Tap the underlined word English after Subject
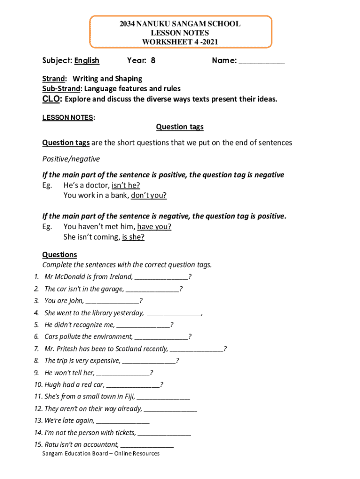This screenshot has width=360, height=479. [87, 60]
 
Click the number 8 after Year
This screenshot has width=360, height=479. [153, 60]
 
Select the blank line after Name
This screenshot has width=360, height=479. [262, 61]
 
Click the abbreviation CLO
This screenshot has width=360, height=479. [51, 99]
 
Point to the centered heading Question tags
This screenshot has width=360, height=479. [180, 127]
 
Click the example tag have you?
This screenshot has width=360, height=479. [154, 227]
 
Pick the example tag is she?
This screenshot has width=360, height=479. [133, 237]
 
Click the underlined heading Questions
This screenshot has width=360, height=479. [59, 254]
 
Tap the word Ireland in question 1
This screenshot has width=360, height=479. [120, 277]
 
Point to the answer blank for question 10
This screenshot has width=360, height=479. [133, 385]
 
